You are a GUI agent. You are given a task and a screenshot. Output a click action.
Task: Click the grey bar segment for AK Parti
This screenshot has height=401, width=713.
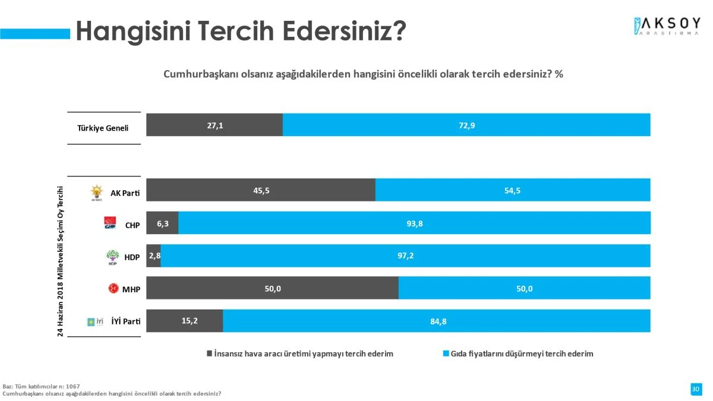click(261, 190)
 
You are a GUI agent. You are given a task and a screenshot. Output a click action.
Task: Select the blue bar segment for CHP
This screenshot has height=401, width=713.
click(414, 223)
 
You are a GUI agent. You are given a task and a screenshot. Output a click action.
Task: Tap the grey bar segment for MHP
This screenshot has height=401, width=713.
click(272, 289)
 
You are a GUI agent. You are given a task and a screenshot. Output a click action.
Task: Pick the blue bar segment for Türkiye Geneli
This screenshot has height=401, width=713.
click(466, 125)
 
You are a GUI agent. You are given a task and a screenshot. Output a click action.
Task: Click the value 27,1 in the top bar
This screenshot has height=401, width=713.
click(215, 125)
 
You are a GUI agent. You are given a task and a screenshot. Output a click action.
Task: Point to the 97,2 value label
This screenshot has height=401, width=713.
click(405, 256)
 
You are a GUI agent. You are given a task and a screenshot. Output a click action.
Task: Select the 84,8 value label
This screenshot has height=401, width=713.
click(438, 321)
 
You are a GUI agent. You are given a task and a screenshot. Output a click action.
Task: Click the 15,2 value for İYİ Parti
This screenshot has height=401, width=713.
click(190, 321)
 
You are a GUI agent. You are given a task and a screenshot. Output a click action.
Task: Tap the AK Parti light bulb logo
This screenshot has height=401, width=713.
click(96, 192)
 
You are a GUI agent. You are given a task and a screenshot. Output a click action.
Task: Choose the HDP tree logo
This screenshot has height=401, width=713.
click(112, 257)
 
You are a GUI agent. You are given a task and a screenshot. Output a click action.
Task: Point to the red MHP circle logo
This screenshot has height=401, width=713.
click(112, 289)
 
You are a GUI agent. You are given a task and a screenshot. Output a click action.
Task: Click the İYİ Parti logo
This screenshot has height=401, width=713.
click(96, 321)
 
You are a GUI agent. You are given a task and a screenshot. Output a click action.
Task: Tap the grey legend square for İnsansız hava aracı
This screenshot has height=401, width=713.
click(209, 353)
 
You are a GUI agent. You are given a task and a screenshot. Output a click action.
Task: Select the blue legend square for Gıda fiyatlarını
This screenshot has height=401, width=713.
click(446, 353)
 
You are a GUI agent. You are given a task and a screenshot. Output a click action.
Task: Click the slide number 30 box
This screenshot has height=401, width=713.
click(696, 389)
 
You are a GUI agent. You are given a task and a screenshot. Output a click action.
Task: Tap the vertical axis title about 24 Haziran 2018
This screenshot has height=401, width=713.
click(60, 261)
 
